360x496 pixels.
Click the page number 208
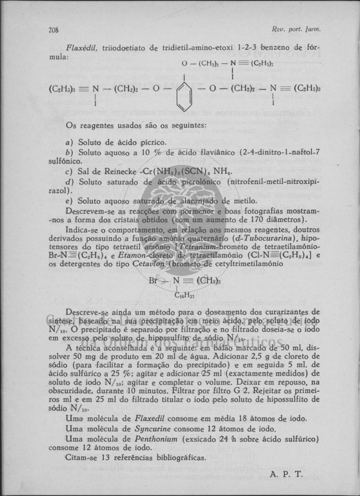[53, 30]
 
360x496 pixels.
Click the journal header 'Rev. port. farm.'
[301, 29]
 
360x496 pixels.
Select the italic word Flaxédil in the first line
[81, 47]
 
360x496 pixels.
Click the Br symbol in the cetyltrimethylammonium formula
[153, 281]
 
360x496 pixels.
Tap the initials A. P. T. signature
[286, 474]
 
